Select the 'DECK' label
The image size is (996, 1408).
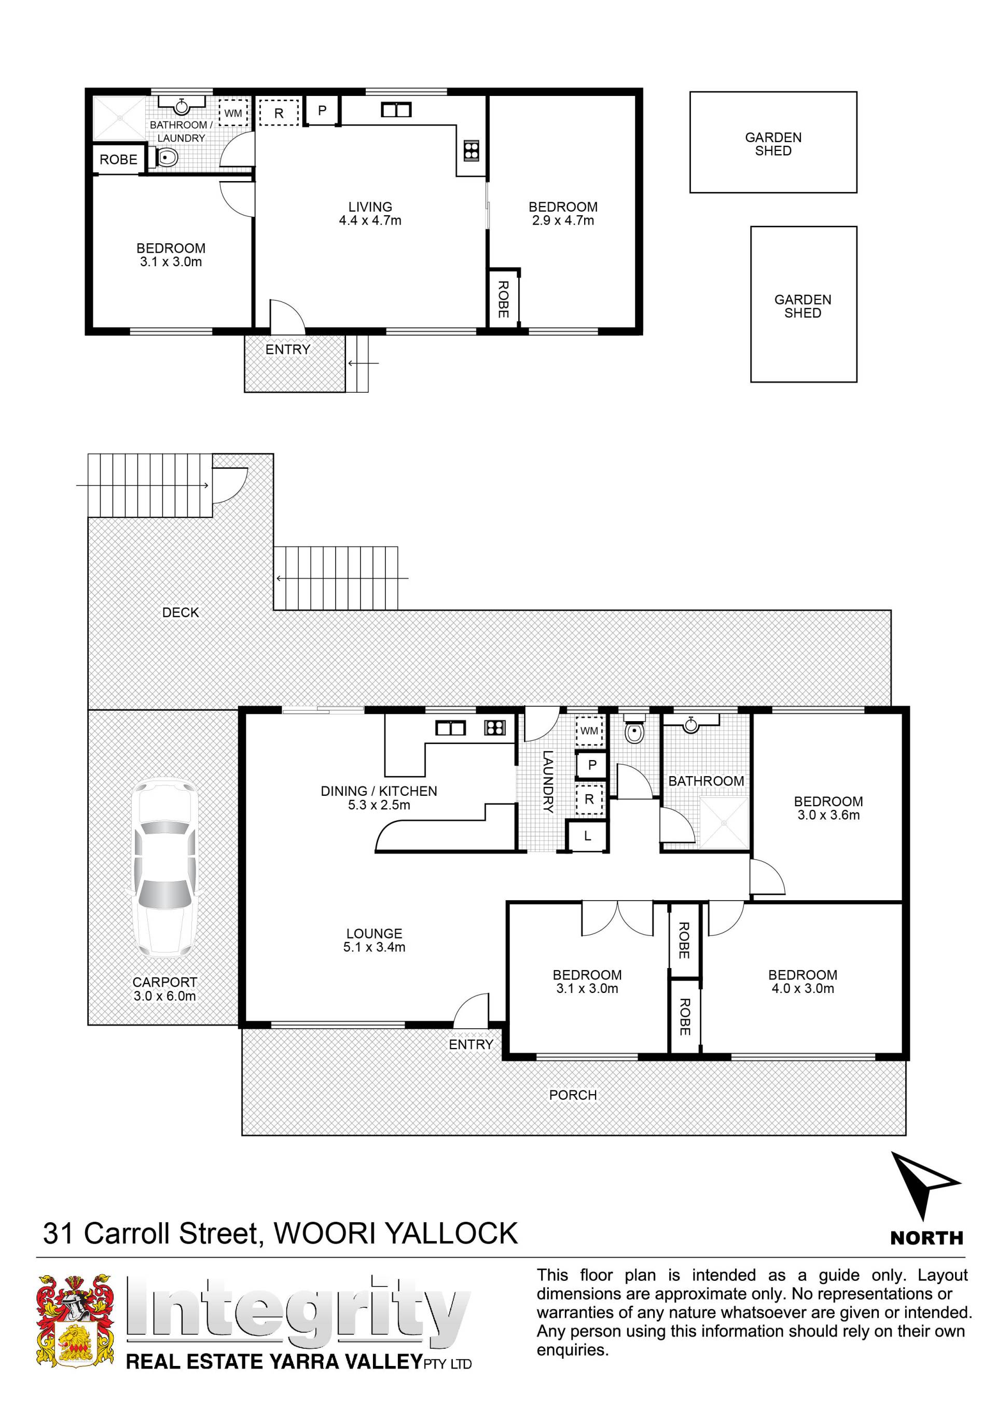click(x=181, y=612)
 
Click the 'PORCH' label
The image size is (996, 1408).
click(x=573, y=1095)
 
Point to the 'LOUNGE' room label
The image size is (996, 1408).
click(x=374, y=933)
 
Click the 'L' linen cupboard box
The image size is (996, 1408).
click(x=588, y=835)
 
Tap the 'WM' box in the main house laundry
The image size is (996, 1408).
click(x=589, y=730)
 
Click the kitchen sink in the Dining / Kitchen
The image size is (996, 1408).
click(x=450, y=728)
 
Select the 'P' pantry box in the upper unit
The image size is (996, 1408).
click(x=322, y=111)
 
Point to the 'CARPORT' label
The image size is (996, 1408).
click(x=165, y=982)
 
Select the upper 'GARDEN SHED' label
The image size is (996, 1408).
click(x=773, y=144)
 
